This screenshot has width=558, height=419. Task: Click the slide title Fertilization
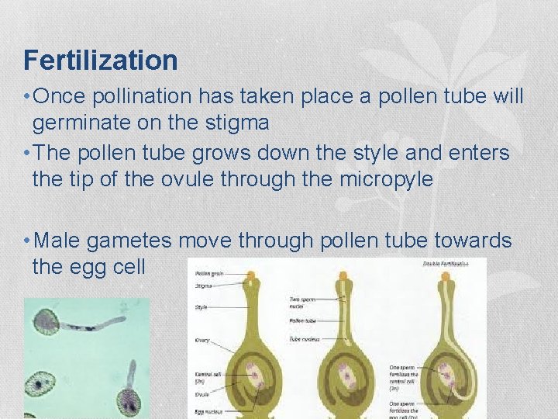pos(101,60)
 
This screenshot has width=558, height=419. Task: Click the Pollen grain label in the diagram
pos(207,274)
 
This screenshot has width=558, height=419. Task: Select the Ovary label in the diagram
pos(201,341)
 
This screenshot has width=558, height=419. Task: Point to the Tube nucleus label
pos(305,339)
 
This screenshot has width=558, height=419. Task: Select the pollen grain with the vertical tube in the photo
pos(128,400)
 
